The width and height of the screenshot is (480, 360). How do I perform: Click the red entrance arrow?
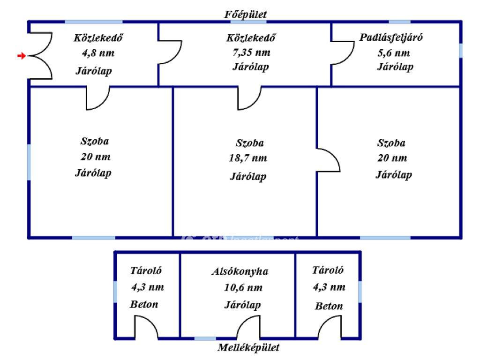click(22, 56)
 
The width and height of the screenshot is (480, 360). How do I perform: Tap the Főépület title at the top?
click(246, 15)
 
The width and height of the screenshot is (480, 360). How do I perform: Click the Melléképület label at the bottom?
click(248, 347)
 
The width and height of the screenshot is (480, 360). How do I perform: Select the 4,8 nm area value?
click(98, 53)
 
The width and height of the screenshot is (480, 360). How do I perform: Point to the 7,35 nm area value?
click(251, 52)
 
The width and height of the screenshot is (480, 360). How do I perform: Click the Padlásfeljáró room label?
click(391, 37)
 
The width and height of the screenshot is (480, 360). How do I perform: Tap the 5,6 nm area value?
click(394, 53)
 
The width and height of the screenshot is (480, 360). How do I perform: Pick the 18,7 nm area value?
click(248, 158)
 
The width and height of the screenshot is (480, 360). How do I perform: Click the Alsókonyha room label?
click(240, 271)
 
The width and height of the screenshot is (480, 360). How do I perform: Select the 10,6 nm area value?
click(243, 287)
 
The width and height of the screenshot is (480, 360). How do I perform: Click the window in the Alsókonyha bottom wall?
click(205, 338)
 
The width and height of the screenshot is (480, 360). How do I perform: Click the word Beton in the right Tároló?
click(329, 306)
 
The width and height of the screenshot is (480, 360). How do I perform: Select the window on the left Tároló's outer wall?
click(115, 292)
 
